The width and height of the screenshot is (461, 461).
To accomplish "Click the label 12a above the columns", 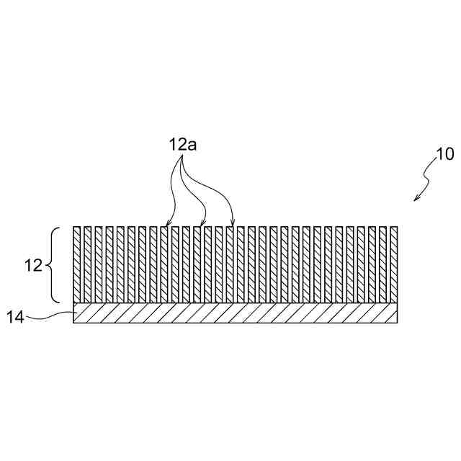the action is click(183, 144).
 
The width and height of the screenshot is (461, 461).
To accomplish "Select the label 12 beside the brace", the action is click(33, 265).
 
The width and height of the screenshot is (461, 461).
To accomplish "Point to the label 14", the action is click(17, 316).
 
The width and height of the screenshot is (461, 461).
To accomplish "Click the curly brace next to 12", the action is click(55, 265).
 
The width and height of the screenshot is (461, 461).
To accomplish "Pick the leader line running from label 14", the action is click(50, 315).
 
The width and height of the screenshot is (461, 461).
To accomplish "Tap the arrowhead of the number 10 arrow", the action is click(416, 199).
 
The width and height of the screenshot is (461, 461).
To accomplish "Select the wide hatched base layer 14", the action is click(235, 313).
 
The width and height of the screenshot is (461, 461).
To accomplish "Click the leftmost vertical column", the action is click(77, 264).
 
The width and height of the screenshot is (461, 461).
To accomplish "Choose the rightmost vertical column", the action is click(394, 264).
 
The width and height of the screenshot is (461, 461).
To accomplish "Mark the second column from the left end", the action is click(88, 264).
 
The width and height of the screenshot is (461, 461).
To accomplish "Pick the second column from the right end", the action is click(383, 264).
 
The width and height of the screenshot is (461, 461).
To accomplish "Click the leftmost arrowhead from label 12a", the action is click(166, 224).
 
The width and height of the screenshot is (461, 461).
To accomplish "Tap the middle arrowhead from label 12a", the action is click(202, 224).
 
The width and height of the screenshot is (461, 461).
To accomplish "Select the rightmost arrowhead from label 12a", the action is click(232, 224).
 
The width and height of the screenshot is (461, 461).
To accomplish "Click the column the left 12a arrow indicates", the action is click(164, 264).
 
